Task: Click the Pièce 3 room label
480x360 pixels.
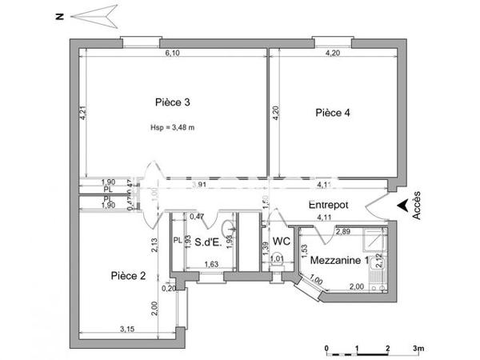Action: (172, 102)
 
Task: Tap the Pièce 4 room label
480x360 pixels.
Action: (332, 113)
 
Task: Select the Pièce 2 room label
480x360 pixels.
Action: (128, 276)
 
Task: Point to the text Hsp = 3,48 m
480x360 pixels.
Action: (172, 128)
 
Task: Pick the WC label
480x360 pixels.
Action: (281, 241)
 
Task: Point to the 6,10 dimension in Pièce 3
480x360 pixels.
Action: (172, 54)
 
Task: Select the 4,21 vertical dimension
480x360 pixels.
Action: (82, 114)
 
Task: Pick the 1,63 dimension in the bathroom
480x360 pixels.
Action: (212, 264)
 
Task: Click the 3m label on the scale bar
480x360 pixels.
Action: (417, 349)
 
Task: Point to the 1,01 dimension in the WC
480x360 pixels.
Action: (276, 258)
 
